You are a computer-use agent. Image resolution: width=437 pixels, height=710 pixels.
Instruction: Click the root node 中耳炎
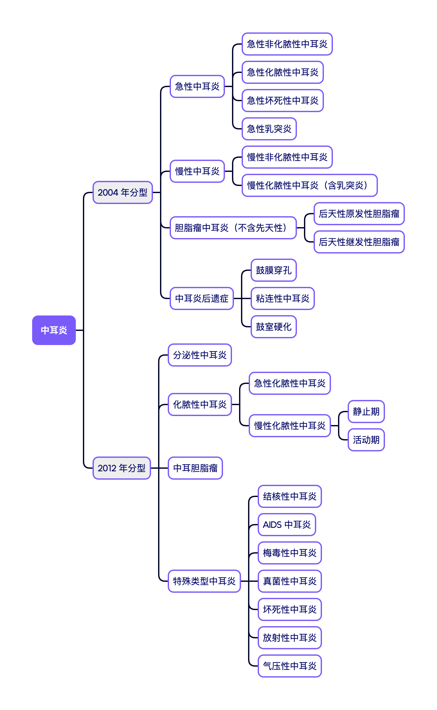(54, 330)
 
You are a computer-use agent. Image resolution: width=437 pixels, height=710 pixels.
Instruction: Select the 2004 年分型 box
(122, 192)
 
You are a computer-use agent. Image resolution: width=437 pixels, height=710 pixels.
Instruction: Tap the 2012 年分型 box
(121, 468)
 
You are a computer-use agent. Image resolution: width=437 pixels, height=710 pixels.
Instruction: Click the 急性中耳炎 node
(197, 86)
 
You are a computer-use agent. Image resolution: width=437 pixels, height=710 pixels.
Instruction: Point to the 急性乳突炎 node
(269, 129)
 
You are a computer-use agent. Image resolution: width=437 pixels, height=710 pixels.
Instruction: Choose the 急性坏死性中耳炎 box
(282, 101)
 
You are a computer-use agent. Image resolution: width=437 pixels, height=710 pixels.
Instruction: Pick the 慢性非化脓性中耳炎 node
(287, 157)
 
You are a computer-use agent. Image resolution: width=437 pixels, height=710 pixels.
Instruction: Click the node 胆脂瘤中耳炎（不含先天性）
(233, 228)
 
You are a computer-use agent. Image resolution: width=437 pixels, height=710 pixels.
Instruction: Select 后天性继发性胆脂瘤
(359, 242)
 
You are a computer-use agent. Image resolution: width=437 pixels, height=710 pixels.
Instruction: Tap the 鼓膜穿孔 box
(273, 270)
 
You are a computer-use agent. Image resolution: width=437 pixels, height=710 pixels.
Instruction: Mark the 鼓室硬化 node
(273, 327)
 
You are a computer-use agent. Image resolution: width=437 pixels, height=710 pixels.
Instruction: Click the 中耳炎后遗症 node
(201, 298)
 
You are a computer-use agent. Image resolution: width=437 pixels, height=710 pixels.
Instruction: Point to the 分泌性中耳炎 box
(200, 355)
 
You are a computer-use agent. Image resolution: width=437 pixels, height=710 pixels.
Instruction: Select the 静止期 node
(366, 412)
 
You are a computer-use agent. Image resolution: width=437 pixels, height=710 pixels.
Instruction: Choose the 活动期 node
(366, 440)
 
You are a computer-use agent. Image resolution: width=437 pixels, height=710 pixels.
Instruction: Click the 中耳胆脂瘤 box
(195, 468)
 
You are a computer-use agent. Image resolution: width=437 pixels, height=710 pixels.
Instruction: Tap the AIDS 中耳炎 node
(287, 525)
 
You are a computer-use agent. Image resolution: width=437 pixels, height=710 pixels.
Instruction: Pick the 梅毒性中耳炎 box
(290, 553)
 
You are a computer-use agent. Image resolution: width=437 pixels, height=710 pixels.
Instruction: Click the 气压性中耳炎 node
(290, 666)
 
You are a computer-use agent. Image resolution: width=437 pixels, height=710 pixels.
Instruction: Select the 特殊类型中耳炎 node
(204, 581)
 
